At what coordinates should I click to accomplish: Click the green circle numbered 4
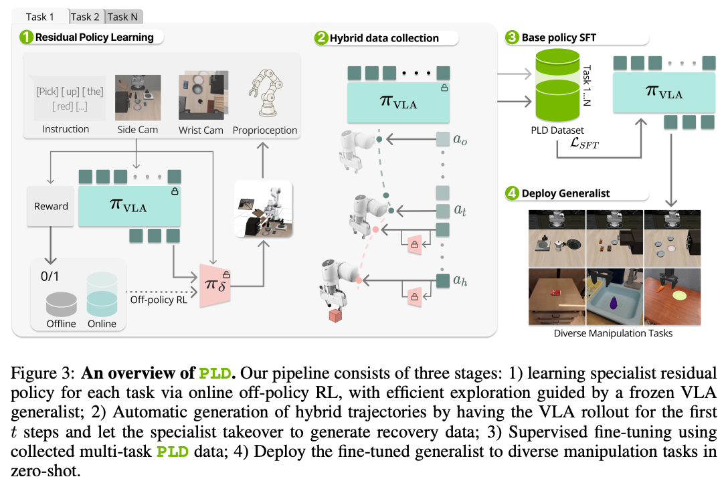tap(512, 194)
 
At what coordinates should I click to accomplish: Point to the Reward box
tap(52, 206)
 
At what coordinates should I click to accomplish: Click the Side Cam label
tap(137, 129)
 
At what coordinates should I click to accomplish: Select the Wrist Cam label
tap(201, 130)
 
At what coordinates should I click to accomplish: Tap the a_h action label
tap(460, 280)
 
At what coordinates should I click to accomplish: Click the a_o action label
tap(460, 140)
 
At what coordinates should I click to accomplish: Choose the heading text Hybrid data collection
tap(384, 38)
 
